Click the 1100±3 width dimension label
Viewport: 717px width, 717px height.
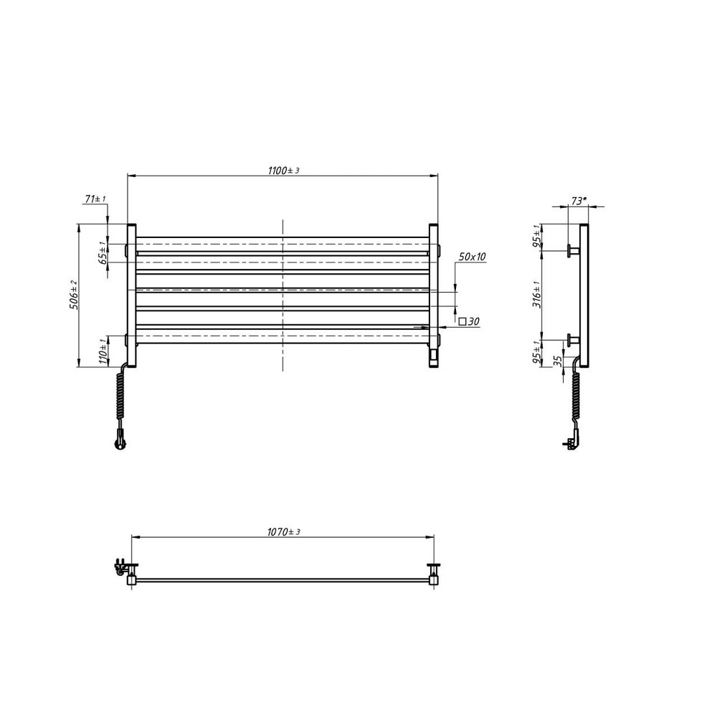[x=283, y=171]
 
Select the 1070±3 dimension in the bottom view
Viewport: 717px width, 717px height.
[x=283, y=532]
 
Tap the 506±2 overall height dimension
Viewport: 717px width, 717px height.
[x=74, y=295]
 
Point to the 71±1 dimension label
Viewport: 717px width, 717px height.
[x=95, y=199]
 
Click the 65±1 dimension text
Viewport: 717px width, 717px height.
[x=103, y=253]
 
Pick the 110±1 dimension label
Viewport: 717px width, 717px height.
[x=103, y=351]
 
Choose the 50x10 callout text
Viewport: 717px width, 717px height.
[x=473, y=257]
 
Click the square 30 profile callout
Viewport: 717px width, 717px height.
[x=469, y=321]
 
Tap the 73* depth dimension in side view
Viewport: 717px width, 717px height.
[x=579, y=201]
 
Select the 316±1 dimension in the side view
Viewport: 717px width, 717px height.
[x=537, y=295]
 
